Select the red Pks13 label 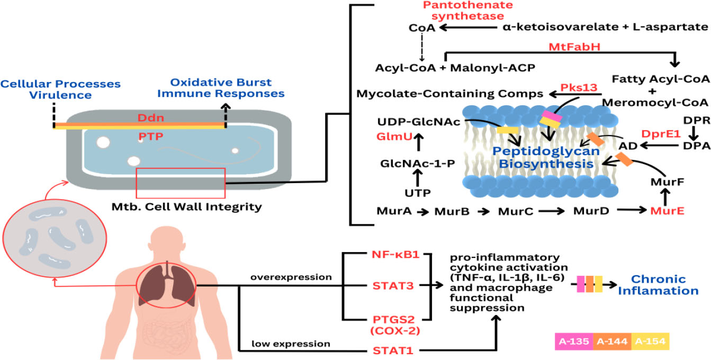582,87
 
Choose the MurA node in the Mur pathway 394,211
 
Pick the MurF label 668,182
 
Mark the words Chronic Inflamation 666,285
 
